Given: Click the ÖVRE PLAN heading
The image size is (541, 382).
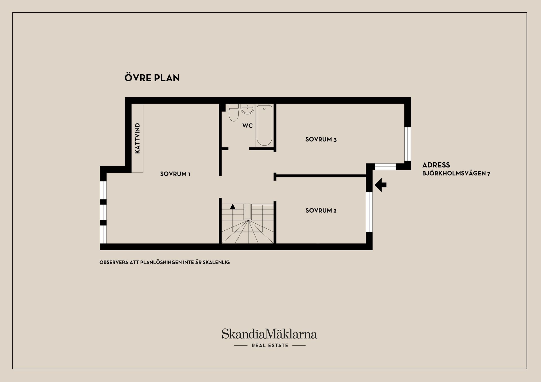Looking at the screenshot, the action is pyautogui.click(x=152, y=77).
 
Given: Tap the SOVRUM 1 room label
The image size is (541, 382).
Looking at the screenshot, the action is pyautogui.click(x=175, y=174).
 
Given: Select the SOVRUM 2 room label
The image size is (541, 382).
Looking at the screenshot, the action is pyautogui.click(x=321, y=210).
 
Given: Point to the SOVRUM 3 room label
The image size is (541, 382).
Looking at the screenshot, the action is pyautogui.click(x=321, y=139).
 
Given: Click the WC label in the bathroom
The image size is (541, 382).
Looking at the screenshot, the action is pyautogui.click(x=247, y=126).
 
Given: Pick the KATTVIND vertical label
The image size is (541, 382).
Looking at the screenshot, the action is pyautogui.click(x=138, y=138).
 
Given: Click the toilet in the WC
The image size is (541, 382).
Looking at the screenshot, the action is pyautogui.click(x=234, y=112).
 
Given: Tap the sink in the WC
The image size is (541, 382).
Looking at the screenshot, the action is pyautogui.click(x=247, y=109).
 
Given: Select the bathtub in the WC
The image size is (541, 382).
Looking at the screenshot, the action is pyautogui.click(x=264, y=125).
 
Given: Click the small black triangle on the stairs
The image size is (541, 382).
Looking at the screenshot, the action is pyautogui.click(x=232, y=207).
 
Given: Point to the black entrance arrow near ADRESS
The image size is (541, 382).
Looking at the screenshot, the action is pyautogui.click(x=380, y=185).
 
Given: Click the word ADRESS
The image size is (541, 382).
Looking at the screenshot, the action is pyautogui.click(x=436, y=165).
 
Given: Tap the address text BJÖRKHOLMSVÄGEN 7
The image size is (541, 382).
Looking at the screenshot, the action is pyautogui.click(x=456, y=174).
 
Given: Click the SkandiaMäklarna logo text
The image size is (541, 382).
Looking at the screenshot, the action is pyautogui.click(x=269, y=334).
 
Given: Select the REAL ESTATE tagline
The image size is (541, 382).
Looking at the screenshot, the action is pyautogui.click(x=270, y=345).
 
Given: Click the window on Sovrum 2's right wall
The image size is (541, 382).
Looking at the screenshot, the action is pyautogui.click(x=369, y=212).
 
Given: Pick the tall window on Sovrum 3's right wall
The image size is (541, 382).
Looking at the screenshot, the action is pyautogui.click(x=408, y=144).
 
